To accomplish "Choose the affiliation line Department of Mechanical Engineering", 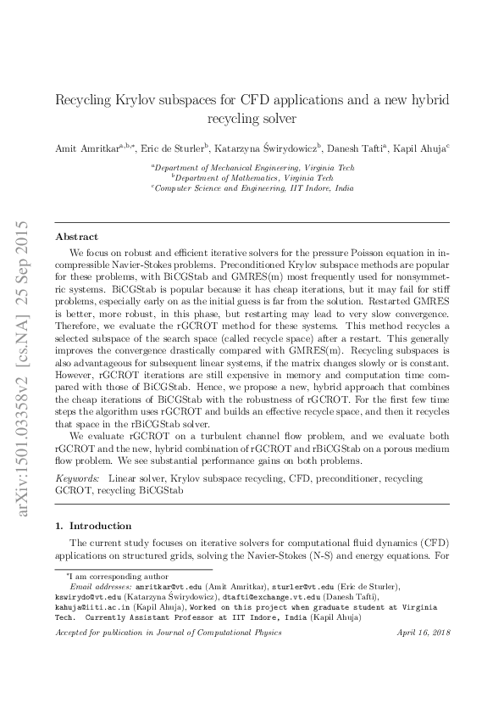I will pyautogui.click(x=253, y=168).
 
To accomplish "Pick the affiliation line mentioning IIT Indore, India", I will pyautogui.click(x=253, y=187).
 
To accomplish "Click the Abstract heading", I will pyautogui.click(x=76, y=237).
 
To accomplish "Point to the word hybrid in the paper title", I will pyautogui.click(x=423, y=100).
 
